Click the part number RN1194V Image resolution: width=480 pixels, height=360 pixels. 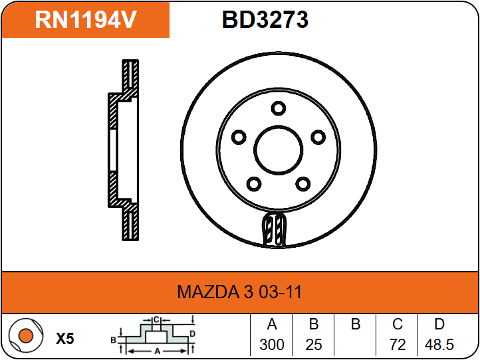[86, 19]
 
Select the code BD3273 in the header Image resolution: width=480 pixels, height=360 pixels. [265, 19]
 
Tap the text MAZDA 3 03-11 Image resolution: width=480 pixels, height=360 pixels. [240, 292]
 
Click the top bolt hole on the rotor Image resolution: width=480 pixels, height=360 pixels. [279, 108]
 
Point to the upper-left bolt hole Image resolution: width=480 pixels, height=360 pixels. [239, 137]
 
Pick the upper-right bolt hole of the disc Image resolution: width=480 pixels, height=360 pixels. [318, 137]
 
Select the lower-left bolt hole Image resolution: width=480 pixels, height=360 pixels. [254, 184]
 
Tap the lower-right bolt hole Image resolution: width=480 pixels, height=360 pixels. [303, 184]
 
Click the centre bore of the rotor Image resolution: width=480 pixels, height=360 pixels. [279, 150]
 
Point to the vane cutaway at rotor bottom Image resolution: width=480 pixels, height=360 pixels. [275, 229]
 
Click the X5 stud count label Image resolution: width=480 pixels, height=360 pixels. [65, 339]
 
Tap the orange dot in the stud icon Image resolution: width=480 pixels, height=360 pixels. [26, 335]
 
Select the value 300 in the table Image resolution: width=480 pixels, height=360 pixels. [272, 345]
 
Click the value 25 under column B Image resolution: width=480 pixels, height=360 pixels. [314, 345]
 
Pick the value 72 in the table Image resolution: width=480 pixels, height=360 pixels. [398, 345]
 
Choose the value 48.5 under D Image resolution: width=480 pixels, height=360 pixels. [439, 345]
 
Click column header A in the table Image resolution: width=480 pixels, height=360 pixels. [272, 324]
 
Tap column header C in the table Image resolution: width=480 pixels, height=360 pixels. [398, 324]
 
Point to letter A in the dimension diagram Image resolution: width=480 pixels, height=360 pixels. [158, 351]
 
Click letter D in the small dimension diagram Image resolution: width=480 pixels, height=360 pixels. [192, 333]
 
